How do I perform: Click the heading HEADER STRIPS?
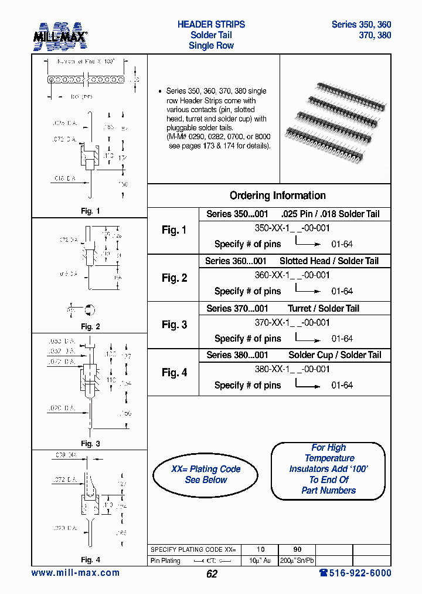click(x=211, y=25)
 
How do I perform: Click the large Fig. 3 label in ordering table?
click(x=174, y=325)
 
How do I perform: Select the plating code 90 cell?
click(x=297, y=549)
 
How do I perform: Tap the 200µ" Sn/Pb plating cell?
click(x=297, y=561)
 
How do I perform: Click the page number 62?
click(x=212, y=574)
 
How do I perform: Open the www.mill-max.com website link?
click(x=75, y=573)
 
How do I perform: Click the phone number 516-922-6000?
click(x=355, y=573)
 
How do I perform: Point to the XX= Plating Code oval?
click(x=206, y=474)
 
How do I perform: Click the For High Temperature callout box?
click(x=328, y=469)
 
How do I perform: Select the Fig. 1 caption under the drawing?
click(x=90, y=211)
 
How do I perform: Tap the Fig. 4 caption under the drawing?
click(x=90, y=560)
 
